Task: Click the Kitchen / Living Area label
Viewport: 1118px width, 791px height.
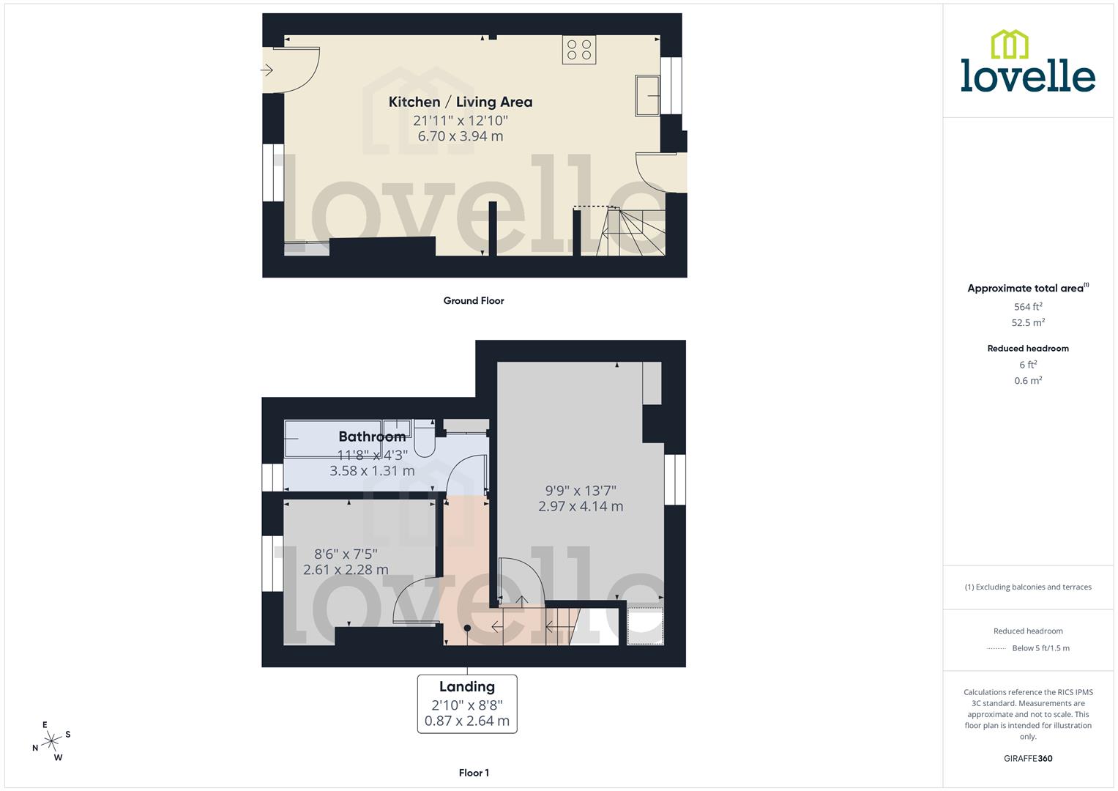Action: click(460, 102)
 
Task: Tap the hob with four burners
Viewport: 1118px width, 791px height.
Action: click(578, 50)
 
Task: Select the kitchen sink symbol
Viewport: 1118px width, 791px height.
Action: click(648, 94)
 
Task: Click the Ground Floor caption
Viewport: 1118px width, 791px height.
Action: click(474, 300)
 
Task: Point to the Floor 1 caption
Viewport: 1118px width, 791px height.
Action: click(474, 773)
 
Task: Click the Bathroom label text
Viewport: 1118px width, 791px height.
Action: click(372, 437)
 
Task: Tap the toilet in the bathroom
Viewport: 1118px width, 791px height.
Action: click(425, 437)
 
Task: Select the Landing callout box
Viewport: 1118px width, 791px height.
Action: click(467, 704)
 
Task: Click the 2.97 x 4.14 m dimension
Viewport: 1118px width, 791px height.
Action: click(581, 506)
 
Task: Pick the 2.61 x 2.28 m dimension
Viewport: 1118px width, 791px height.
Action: click(346, 570)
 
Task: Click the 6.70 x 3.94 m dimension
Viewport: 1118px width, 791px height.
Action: click(460, 136)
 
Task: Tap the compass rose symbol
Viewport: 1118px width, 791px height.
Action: click(51, 741)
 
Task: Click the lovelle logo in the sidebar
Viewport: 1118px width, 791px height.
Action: click(1028, 62)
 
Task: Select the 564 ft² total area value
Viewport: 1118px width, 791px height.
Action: click(1028, 307)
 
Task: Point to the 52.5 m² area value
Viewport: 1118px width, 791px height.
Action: click(1028, 322)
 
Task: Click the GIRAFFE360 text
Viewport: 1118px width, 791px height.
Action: click(1028, 758)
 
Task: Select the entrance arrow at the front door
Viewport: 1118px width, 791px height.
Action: click(267, 70)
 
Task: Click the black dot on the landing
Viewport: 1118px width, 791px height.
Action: click(467, 628)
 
